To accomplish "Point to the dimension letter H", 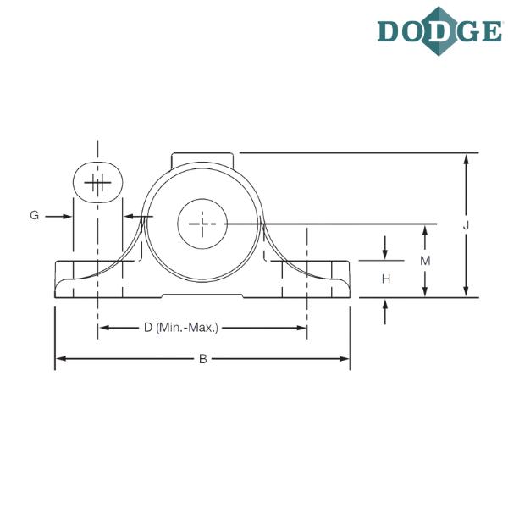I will point(386,278).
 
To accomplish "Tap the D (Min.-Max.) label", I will point(181,327).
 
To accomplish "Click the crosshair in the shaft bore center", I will point(203,224).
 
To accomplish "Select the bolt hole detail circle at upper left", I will point(98,182).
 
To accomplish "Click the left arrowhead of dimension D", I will point(103,327).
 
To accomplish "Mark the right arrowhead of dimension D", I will point(301,327).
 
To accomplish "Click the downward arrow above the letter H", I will point(386,254).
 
